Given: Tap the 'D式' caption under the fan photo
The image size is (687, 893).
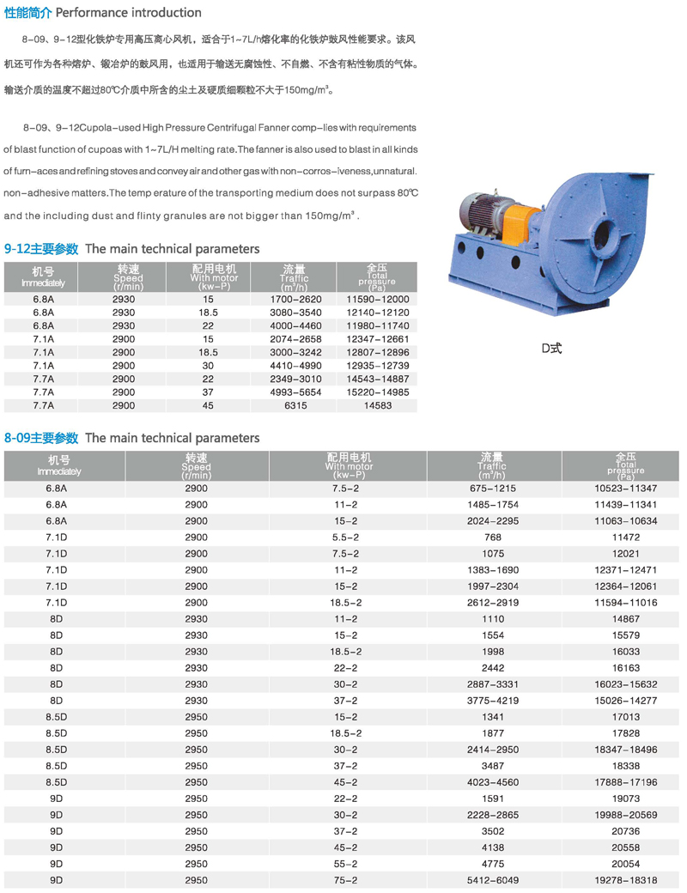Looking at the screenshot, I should [x=550, y=348].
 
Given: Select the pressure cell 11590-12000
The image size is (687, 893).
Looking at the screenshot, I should [x=377, y=299].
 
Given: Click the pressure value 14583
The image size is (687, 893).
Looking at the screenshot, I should [x=377, y=406].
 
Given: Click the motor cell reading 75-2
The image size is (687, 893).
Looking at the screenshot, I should [x=346, y=880].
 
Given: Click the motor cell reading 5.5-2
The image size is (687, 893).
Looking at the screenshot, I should [x=346, y=537].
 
